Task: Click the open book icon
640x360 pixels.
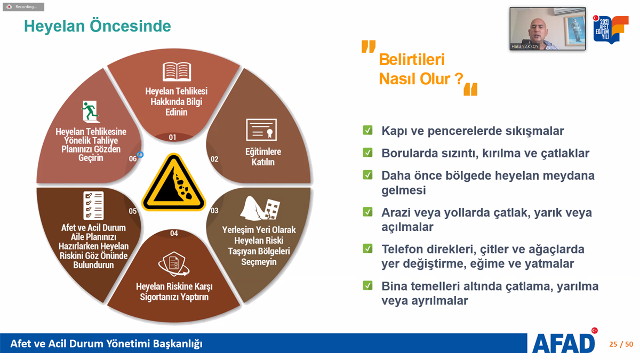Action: tap(177, 71)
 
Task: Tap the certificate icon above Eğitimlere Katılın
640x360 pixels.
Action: tap(261, 130)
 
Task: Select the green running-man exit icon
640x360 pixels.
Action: tap(91, 111)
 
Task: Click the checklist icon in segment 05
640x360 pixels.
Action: tap(93, 206)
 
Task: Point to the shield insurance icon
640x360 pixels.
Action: tap(174, 265)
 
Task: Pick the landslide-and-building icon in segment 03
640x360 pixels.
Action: tap(260, 209)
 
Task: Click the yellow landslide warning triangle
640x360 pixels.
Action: tap(173, 183)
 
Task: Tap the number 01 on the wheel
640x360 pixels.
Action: tap(172, 137)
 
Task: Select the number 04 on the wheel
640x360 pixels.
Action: tap(174, 234)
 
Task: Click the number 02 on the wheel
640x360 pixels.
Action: tap(214, 159)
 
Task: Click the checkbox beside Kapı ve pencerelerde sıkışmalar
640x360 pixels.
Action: tap(367, 130)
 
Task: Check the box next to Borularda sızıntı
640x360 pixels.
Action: tap(367, 153)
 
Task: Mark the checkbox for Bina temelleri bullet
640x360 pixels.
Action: tap(367, 285)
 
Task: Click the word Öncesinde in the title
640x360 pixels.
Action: tap(130, 26)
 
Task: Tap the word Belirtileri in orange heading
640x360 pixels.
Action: tap(412, 59)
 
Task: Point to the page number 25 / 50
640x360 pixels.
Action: tap(621, 344)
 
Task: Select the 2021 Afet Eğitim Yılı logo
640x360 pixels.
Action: tap(611, 29)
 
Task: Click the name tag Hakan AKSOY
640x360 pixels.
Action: tap(525, 46)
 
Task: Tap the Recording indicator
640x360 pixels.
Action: tap(23, 7)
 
